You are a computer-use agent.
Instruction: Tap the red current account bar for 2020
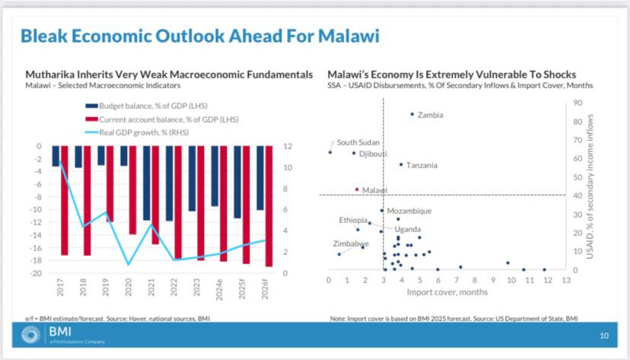(x=133, y=190)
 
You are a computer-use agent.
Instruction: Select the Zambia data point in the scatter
(x=412, y=114)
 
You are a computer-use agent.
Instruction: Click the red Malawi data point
(x=357, y=189)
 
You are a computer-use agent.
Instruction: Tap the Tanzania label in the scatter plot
(x=421, y=165)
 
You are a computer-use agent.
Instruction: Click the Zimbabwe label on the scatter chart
(x=351, y=244)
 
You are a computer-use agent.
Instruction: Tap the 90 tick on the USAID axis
(x=577, y=102)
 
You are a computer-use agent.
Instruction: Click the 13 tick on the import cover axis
(x=565, y=280)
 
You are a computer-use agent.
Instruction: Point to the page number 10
(x=604, y=336)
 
